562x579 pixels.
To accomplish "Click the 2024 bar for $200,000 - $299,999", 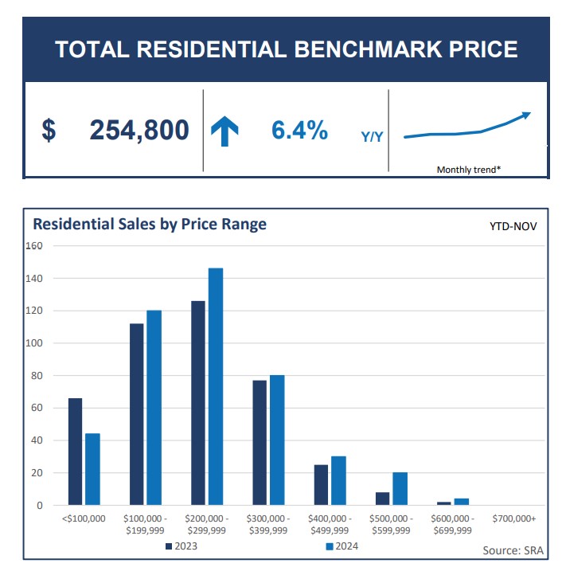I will click(x=216, y=387).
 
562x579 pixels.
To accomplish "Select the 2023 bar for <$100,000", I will click(x=75, y=452).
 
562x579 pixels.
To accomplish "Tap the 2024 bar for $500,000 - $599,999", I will click(x=400, y=489).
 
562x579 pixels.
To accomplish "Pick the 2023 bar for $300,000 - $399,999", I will click(x=260, y=443).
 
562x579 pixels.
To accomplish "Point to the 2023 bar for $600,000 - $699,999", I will click(x=444, y=503).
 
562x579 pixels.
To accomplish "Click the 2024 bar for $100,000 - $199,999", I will click(x=154, y=408).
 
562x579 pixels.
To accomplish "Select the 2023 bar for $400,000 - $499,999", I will click(x=321, y=485).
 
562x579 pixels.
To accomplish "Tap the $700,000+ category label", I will click(x=514, y=518).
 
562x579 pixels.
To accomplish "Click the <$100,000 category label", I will click(x=83, y=518).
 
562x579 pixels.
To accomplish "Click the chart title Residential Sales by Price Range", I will click(x=150, y=224).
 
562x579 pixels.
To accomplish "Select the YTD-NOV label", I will click(x=513, y=226).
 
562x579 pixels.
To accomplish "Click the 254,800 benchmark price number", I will click(x=139, y=130).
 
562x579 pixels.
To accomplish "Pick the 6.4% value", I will click(x=299, y=130).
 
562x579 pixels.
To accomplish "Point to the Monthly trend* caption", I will click(x=468, y=169).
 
